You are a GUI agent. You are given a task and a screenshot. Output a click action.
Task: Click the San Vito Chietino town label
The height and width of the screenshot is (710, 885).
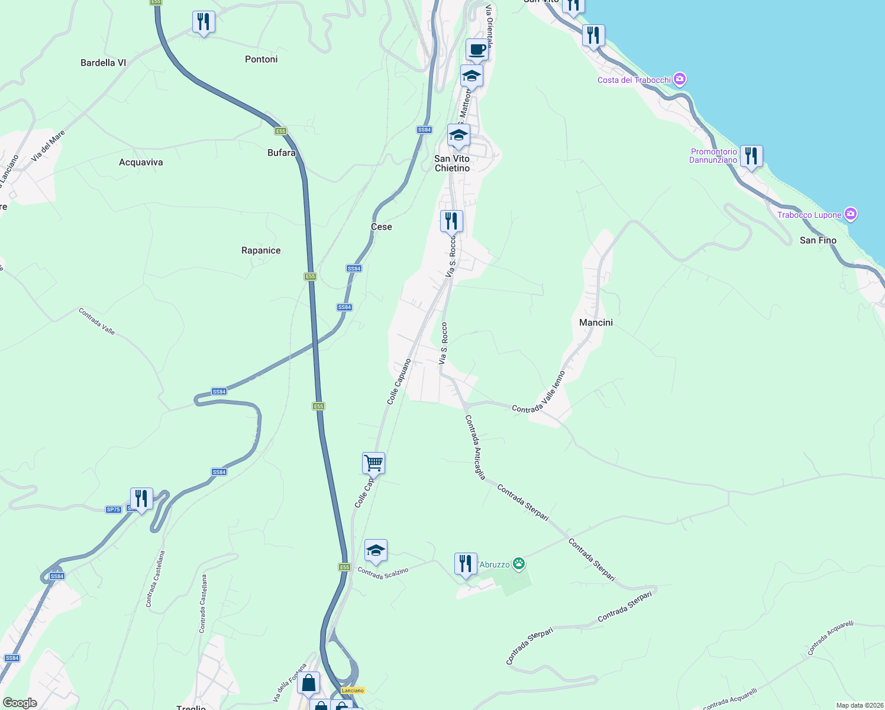pyautogui.click(x=452, y=163)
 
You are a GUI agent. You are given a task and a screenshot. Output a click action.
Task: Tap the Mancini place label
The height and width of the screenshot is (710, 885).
pyautogui.click(x=596, y=322)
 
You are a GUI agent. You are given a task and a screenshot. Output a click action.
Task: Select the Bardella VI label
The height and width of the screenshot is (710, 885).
pyautogui.click(x=104, y=63)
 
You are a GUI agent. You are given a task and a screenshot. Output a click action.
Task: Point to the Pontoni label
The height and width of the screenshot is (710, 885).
pyautogui.click(x=261, y=59)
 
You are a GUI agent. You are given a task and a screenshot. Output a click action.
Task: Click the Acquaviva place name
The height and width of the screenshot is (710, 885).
pyautogui.click(x=141, y=162)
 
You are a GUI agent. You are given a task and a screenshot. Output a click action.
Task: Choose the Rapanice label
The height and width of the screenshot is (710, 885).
pyautogui.click(x=261, y=250)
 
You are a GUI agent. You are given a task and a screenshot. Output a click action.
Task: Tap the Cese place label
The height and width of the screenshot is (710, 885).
pyautogui.click(x=382, y=227)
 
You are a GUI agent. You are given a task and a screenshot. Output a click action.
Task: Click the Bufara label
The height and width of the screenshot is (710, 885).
pyautogui.click(x=282, y=153)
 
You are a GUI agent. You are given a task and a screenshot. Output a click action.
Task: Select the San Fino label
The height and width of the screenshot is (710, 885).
pyautogui.click(x=818, y=240)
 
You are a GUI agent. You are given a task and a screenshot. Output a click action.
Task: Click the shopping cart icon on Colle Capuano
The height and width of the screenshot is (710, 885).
pyautogui.click(x=374, y=463)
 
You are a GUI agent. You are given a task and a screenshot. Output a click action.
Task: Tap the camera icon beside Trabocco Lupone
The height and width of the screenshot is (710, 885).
pyautogui.click(x=851, y=214)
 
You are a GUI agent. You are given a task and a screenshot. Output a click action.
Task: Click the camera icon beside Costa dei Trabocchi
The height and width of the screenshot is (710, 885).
pyautogui.click(x=680, y=79)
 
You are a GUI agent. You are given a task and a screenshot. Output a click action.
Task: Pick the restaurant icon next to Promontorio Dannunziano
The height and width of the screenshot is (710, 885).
pyautogui.click(x=751, y=156)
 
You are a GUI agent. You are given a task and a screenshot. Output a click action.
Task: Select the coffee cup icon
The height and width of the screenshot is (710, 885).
pyautogui.click(x=477, y=49)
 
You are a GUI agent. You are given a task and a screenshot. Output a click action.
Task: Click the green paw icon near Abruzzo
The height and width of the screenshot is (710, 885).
pyautogui.click(x=519, y=564)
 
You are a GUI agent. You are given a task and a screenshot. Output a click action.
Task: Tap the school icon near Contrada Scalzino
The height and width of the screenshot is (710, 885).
pyautogui.click(x=376, y=551)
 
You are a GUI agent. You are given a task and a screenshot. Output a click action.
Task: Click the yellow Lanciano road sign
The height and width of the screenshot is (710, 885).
pyautogui.click(x=353, y=690)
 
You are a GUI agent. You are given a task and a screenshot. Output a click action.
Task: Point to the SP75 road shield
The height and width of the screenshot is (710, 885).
pyautogui.click(x=113, y=509)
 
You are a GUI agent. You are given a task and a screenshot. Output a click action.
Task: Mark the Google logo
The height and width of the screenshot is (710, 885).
pyautogui.click(x=20, y=703)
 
